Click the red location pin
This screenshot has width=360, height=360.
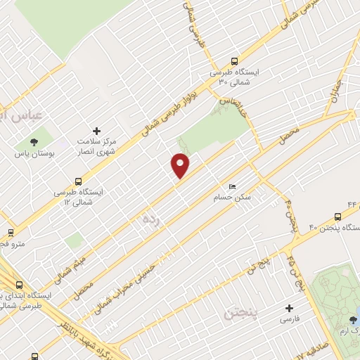(181, 165)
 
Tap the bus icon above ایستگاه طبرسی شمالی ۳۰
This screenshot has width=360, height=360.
(235, 61)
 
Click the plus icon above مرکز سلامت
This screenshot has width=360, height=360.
(97, 131)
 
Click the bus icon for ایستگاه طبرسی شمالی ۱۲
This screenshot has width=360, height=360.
(79, 180)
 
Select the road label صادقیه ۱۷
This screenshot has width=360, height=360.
(309, 349)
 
